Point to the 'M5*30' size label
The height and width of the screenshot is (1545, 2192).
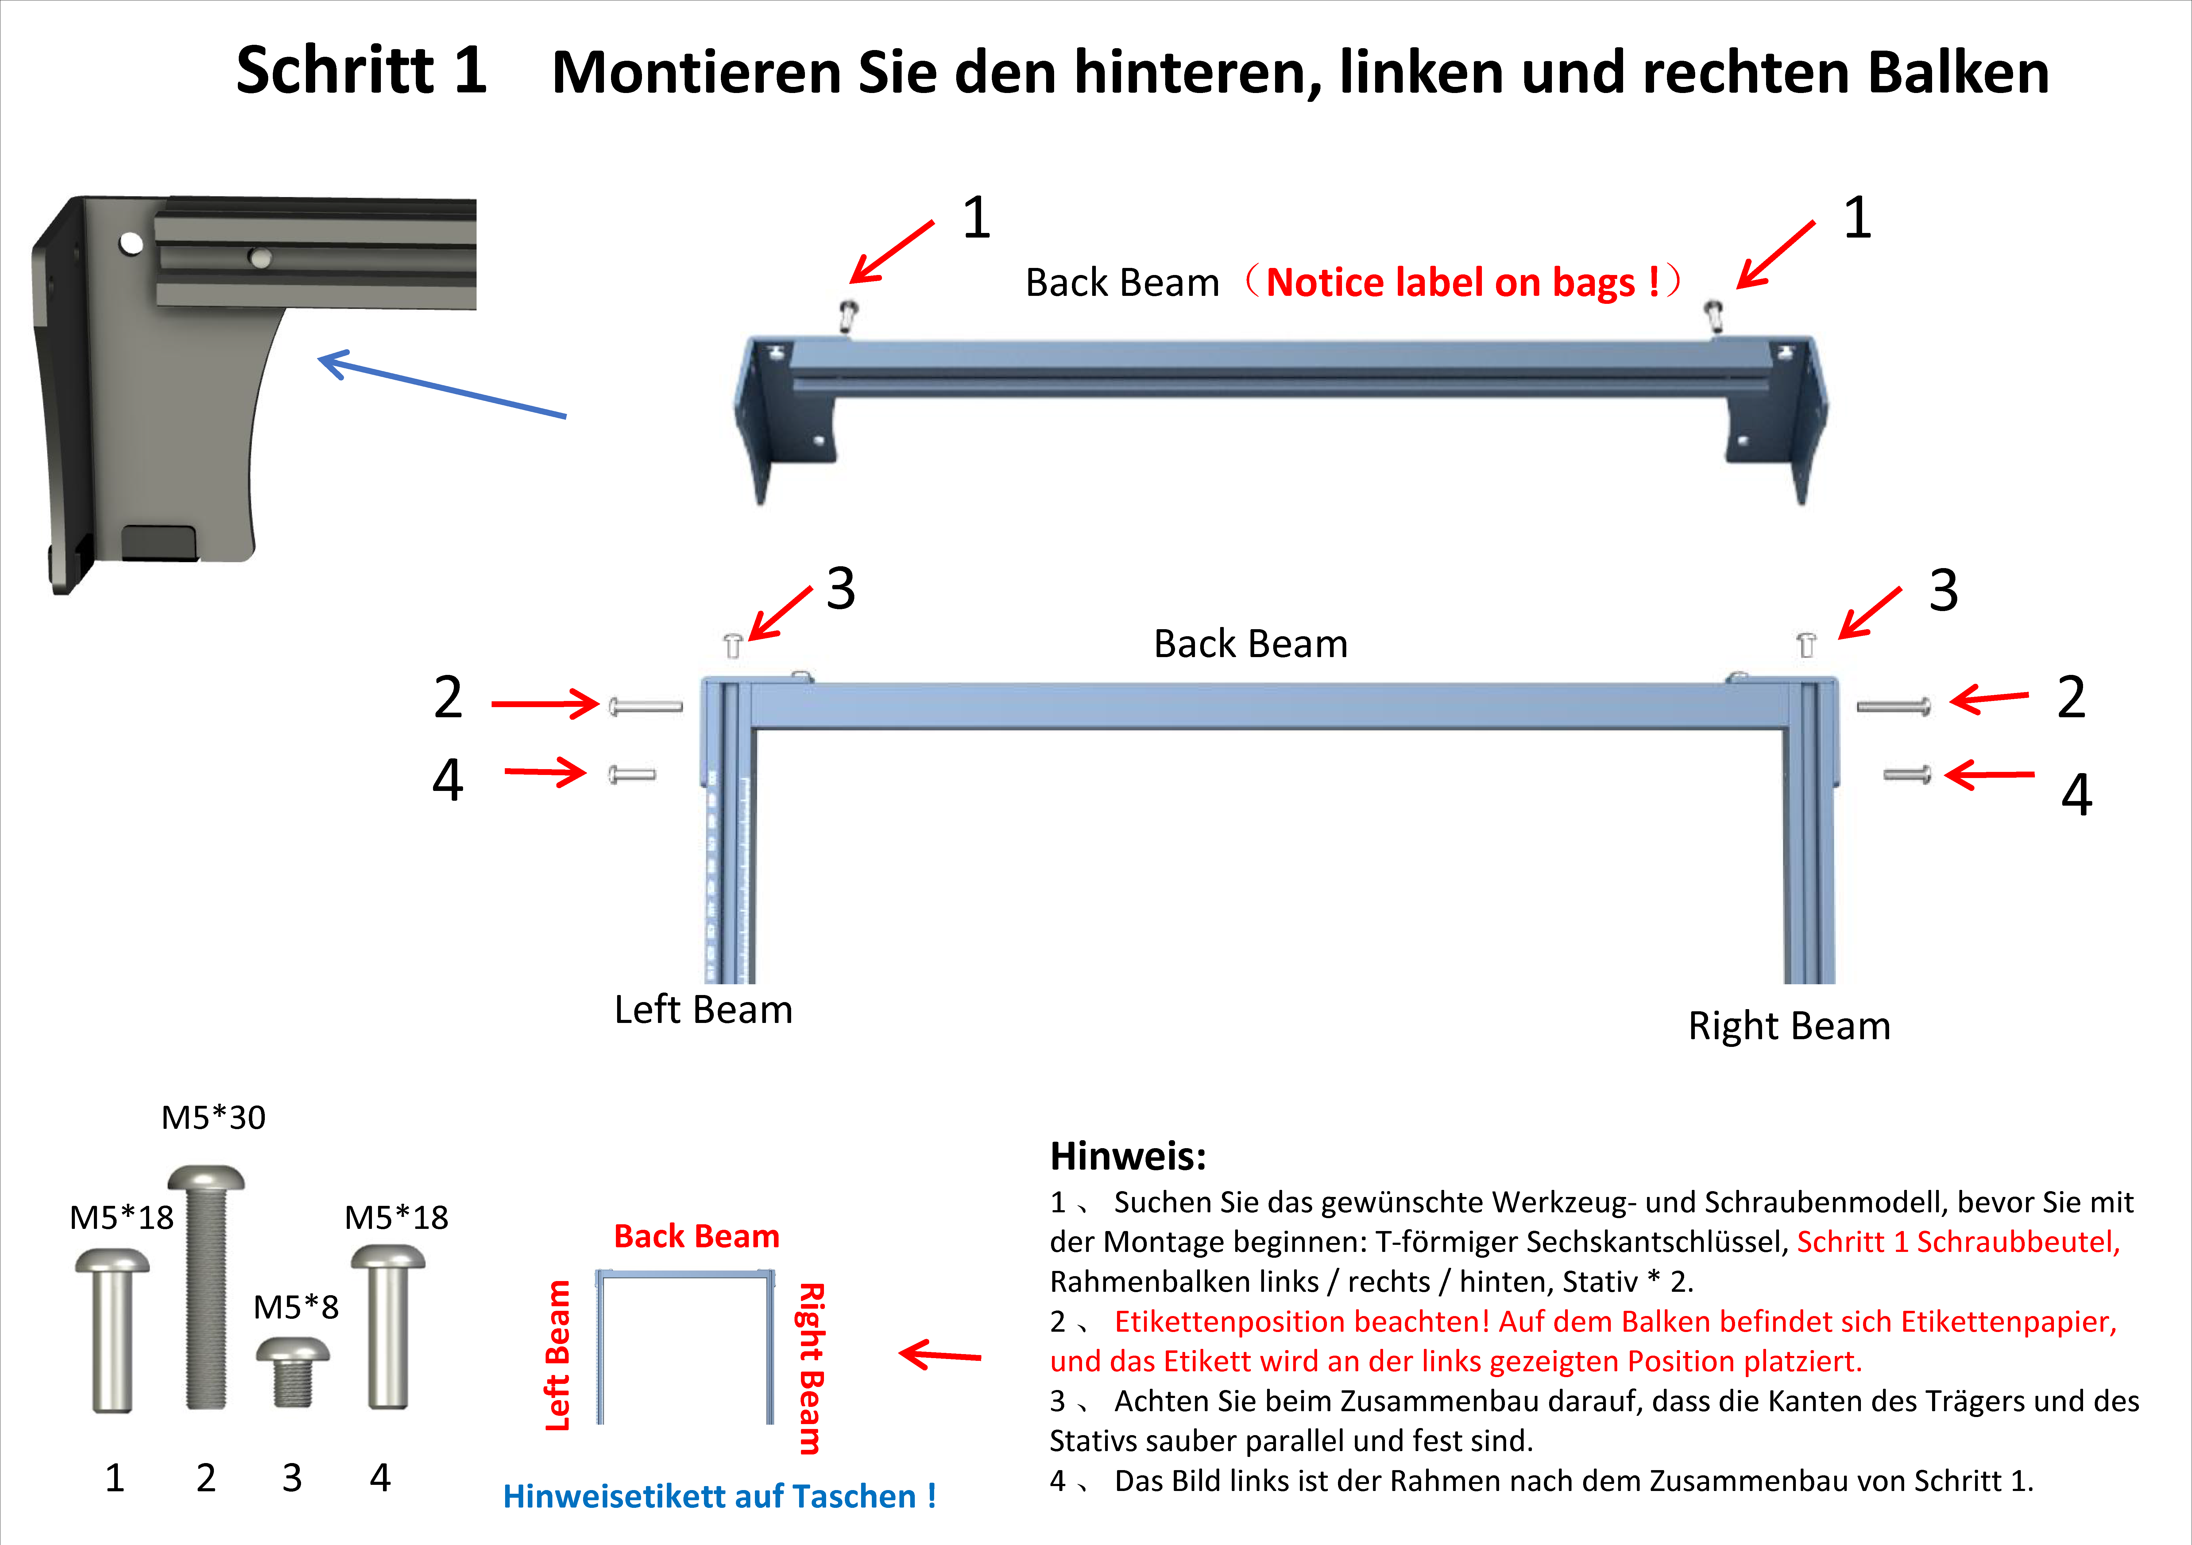point(213,1117)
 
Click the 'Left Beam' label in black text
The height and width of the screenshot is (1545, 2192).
point(703,1009)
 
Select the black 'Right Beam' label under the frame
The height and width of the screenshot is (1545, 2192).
point(1788,1025)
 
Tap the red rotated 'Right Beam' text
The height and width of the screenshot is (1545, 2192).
point(810,1367)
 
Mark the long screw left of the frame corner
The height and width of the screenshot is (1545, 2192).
point(645,707)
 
